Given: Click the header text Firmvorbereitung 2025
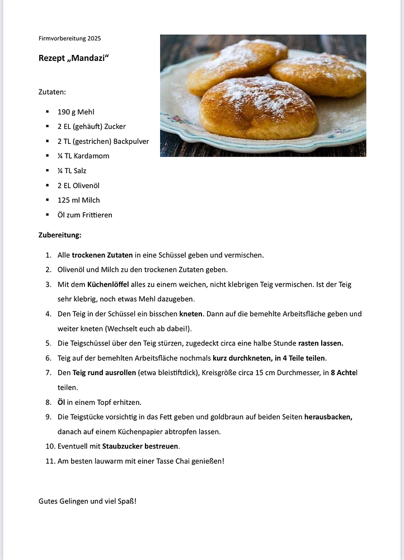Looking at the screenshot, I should coord(69,39).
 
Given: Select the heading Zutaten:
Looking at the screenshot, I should coord(52,91).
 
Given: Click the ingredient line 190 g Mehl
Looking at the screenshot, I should coord(76,112).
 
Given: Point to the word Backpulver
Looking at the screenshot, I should coord(130,141).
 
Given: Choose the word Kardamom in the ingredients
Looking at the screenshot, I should coord(91,156).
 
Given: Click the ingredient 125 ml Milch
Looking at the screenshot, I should coord(78,200).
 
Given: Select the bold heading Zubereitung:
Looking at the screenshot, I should coord(60,235).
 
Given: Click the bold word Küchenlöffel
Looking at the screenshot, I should coord(108,284).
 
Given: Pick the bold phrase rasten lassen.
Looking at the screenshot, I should coord(321,343).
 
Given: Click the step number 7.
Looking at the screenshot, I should coord(49,372).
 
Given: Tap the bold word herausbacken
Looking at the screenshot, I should coord(328,417).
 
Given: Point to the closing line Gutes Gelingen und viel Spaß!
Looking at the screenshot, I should coord(87,501).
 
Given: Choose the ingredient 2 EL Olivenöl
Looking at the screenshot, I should coord(78,185).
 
